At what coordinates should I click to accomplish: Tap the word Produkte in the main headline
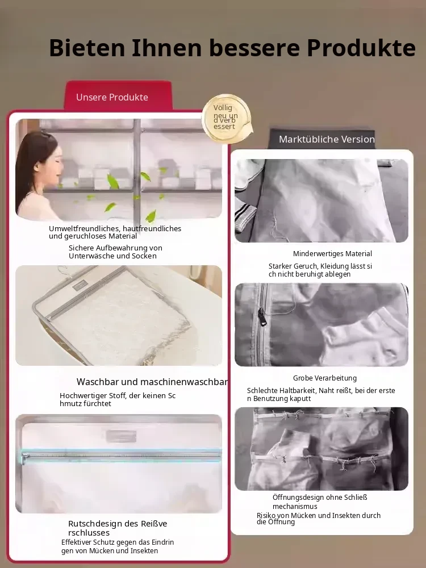pos(361,48)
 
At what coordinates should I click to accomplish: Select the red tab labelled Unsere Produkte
pos(118,97)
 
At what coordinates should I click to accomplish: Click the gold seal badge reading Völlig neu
pos(227,118)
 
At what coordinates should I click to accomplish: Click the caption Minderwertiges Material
pos(332,253)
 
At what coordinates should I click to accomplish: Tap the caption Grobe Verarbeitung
pos(324,378)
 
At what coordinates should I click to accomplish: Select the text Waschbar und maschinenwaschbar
pos(152,382)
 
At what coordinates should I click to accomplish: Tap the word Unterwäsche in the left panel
pos(90,256)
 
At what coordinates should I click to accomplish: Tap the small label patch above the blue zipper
pos(122,436)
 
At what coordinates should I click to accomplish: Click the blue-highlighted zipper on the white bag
pos(121,456)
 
